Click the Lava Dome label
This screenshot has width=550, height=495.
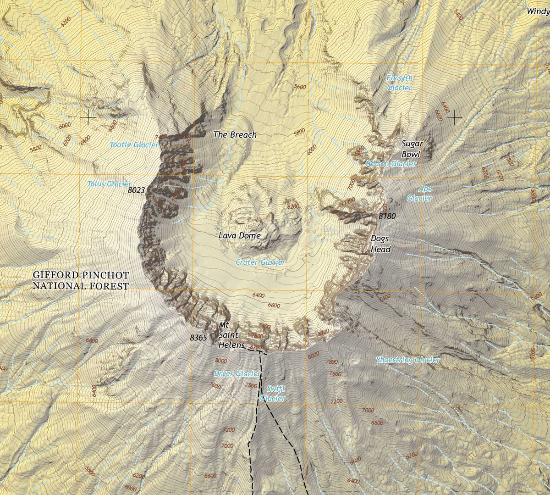point(239,236)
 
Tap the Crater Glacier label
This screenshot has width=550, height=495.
point(260,262)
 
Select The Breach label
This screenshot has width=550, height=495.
point(235,135)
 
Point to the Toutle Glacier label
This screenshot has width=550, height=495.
point(134,145)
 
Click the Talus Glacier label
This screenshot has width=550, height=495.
point(109,184)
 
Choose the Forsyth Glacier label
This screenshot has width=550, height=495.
point(399,83)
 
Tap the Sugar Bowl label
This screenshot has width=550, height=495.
point(412,149)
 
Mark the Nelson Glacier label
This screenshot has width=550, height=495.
point(391,164)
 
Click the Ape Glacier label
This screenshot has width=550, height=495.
point(419,194)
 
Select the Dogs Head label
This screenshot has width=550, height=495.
point(380,244)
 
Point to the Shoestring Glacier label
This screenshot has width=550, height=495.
point(407,360)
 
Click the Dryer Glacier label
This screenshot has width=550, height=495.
point(237,374)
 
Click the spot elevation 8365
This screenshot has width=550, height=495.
point(198,338)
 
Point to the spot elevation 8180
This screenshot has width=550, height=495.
point(387,215)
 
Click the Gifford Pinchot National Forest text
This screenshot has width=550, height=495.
point(81,280)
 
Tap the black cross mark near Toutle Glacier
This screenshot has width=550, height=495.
point(88,117)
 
